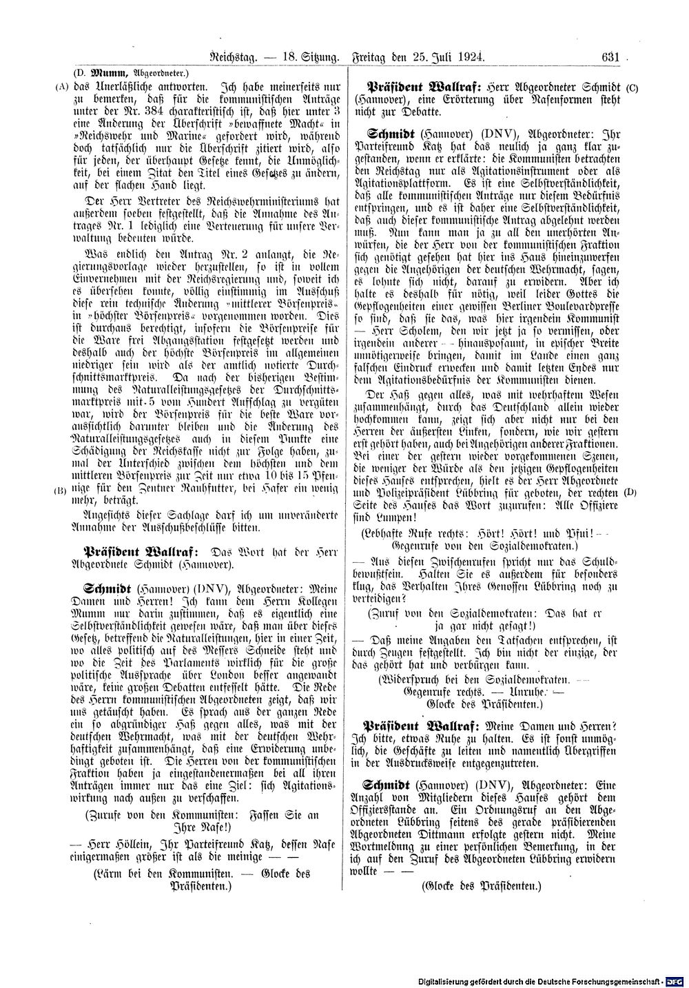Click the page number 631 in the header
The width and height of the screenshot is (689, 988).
tap(610, 58)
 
